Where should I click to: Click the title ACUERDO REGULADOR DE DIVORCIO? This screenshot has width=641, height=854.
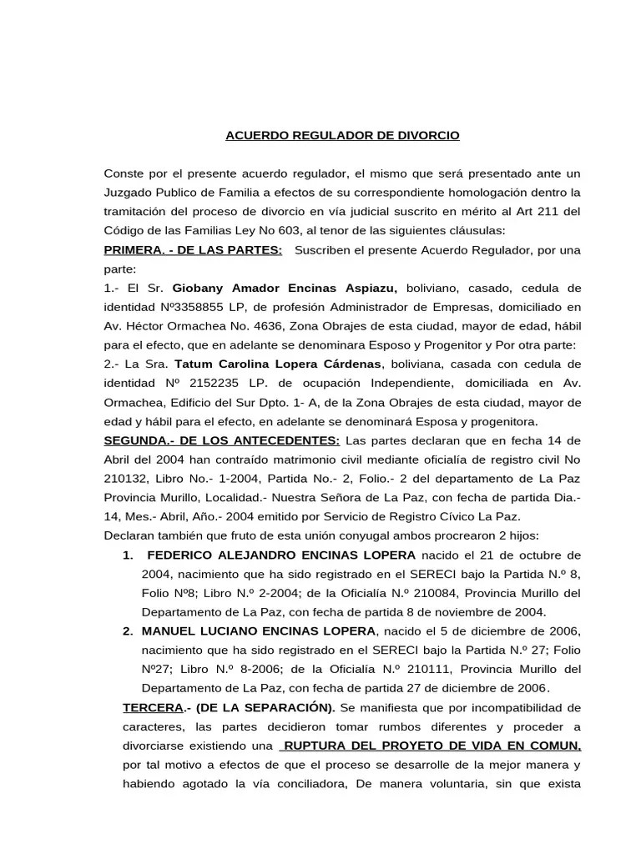pos(342,135)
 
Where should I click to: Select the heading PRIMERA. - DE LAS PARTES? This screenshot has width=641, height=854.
pos(193,250)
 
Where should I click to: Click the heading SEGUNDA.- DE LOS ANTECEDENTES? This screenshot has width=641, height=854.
pos(221,440)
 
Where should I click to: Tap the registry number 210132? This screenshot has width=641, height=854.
pos(125,479)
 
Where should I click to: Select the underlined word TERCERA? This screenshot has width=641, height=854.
pos(153,708)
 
